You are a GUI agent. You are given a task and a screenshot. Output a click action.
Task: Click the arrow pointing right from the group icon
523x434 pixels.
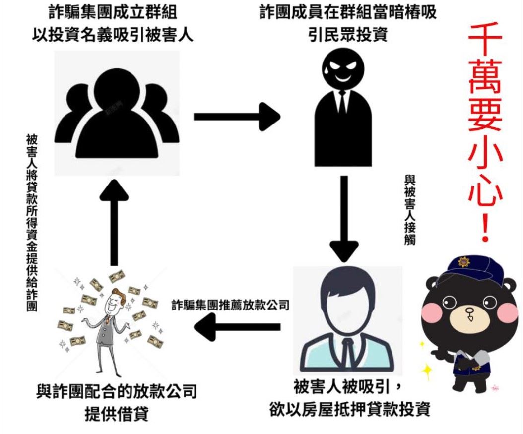pos(237,117)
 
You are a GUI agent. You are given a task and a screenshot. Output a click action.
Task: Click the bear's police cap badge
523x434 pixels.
pos(464,261)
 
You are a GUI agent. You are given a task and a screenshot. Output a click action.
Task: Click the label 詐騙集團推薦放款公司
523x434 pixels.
pos(230,305)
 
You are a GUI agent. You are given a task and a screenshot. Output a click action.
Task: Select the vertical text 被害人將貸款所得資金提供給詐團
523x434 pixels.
pos(32,223)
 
